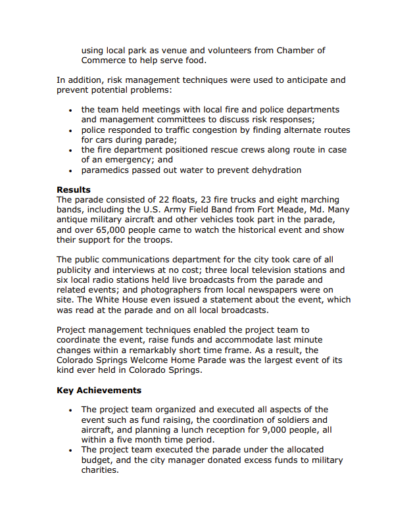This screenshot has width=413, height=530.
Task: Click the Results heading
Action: pos(73,190)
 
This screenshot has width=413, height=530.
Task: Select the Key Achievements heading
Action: pos(99,391)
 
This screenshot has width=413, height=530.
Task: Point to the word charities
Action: pos(100,470)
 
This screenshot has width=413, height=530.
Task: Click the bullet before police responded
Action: pos(70,130)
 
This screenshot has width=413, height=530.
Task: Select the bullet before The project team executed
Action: pos(70,450)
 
